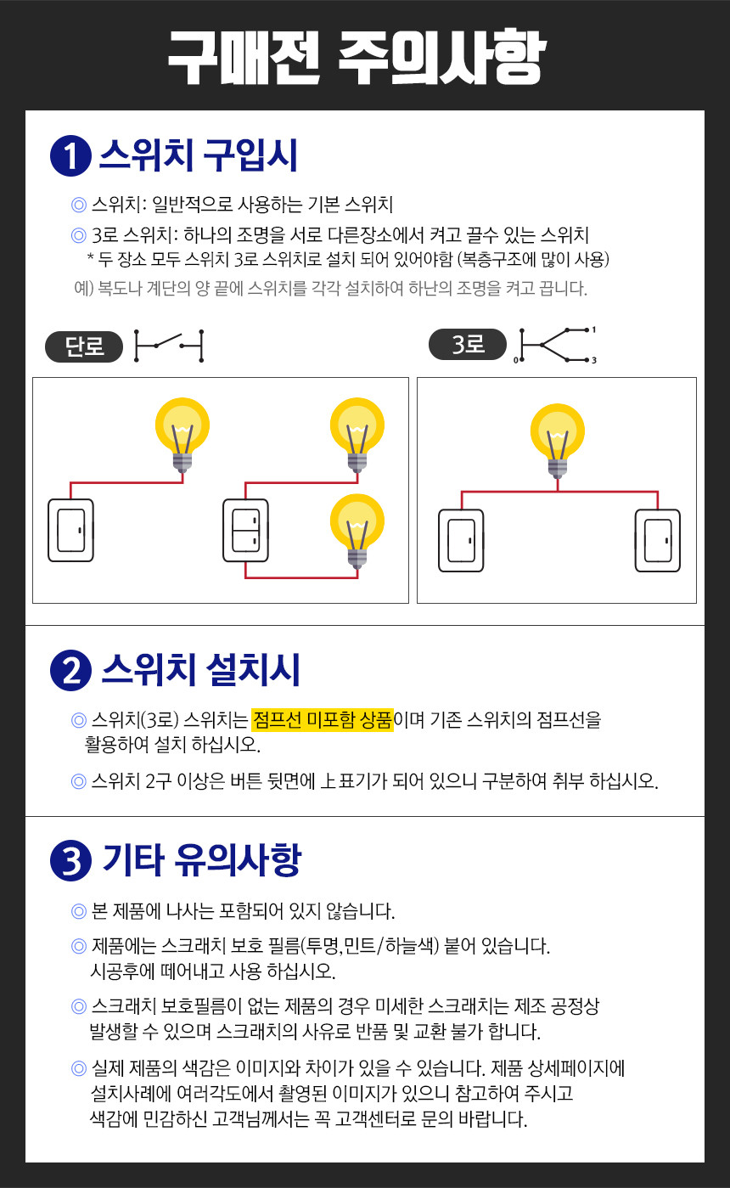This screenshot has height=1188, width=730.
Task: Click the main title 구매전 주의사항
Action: point(357,57)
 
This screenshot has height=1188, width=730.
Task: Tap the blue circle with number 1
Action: point(71,156)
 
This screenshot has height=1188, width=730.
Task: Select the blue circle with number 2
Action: point(71,670)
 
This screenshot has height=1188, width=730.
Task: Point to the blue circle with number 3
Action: point(71,861)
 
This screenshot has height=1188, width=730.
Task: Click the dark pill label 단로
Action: point(84,346)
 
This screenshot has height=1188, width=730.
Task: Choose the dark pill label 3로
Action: point(468,345)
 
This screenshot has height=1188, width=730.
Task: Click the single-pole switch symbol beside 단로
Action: point(169,346)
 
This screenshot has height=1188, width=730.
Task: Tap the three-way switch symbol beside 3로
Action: point(555,346)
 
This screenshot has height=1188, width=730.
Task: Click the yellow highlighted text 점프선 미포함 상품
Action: point(323,720)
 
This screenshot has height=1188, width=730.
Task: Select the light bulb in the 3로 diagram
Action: point(557,441)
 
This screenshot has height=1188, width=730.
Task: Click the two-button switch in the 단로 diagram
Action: point(245,530)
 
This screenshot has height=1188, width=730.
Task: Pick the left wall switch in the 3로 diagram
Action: point(461,540)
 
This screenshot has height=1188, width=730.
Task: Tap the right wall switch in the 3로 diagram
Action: point(657,540)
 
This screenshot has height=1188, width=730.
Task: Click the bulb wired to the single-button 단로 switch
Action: point(182,435)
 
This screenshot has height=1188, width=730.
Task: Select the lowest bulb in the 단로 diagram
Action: point(357,531)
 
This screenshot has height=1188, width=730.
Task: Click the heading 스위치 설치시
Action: point(201,670)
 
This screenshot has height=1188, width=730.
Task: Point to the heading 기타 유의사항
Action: point(202,860)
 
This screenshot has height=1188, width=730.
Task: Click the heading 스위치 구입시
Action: point(199,155)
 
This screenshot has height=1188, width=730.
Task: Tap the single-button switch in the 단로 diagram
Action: point(70,530)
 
